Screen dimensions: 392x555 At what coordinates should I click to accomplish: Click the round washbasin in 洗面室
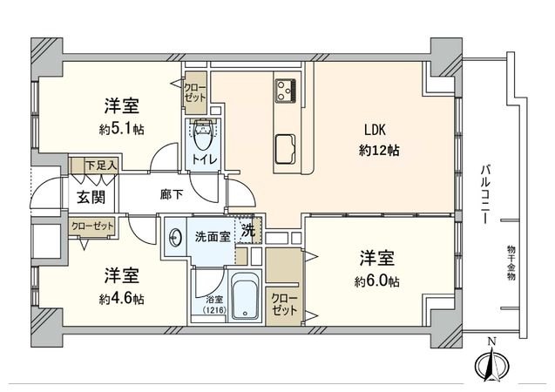pyautogui.click(x=176, y=235)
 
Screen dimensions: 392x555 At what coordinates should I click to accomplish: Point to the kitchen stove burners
pyautogui.click(x=287, y=90)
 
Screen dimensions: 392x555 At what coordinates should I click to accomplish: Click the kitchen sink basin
pyautogui.click(x=285, y=149)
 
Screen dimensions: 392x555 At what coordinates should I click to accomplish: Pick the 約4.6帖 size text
pyautogui.click(x=121, y=298)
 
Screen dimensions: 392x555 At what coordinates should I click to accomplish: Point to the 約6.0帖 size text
pyautogui.click(x=377, y=280)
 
